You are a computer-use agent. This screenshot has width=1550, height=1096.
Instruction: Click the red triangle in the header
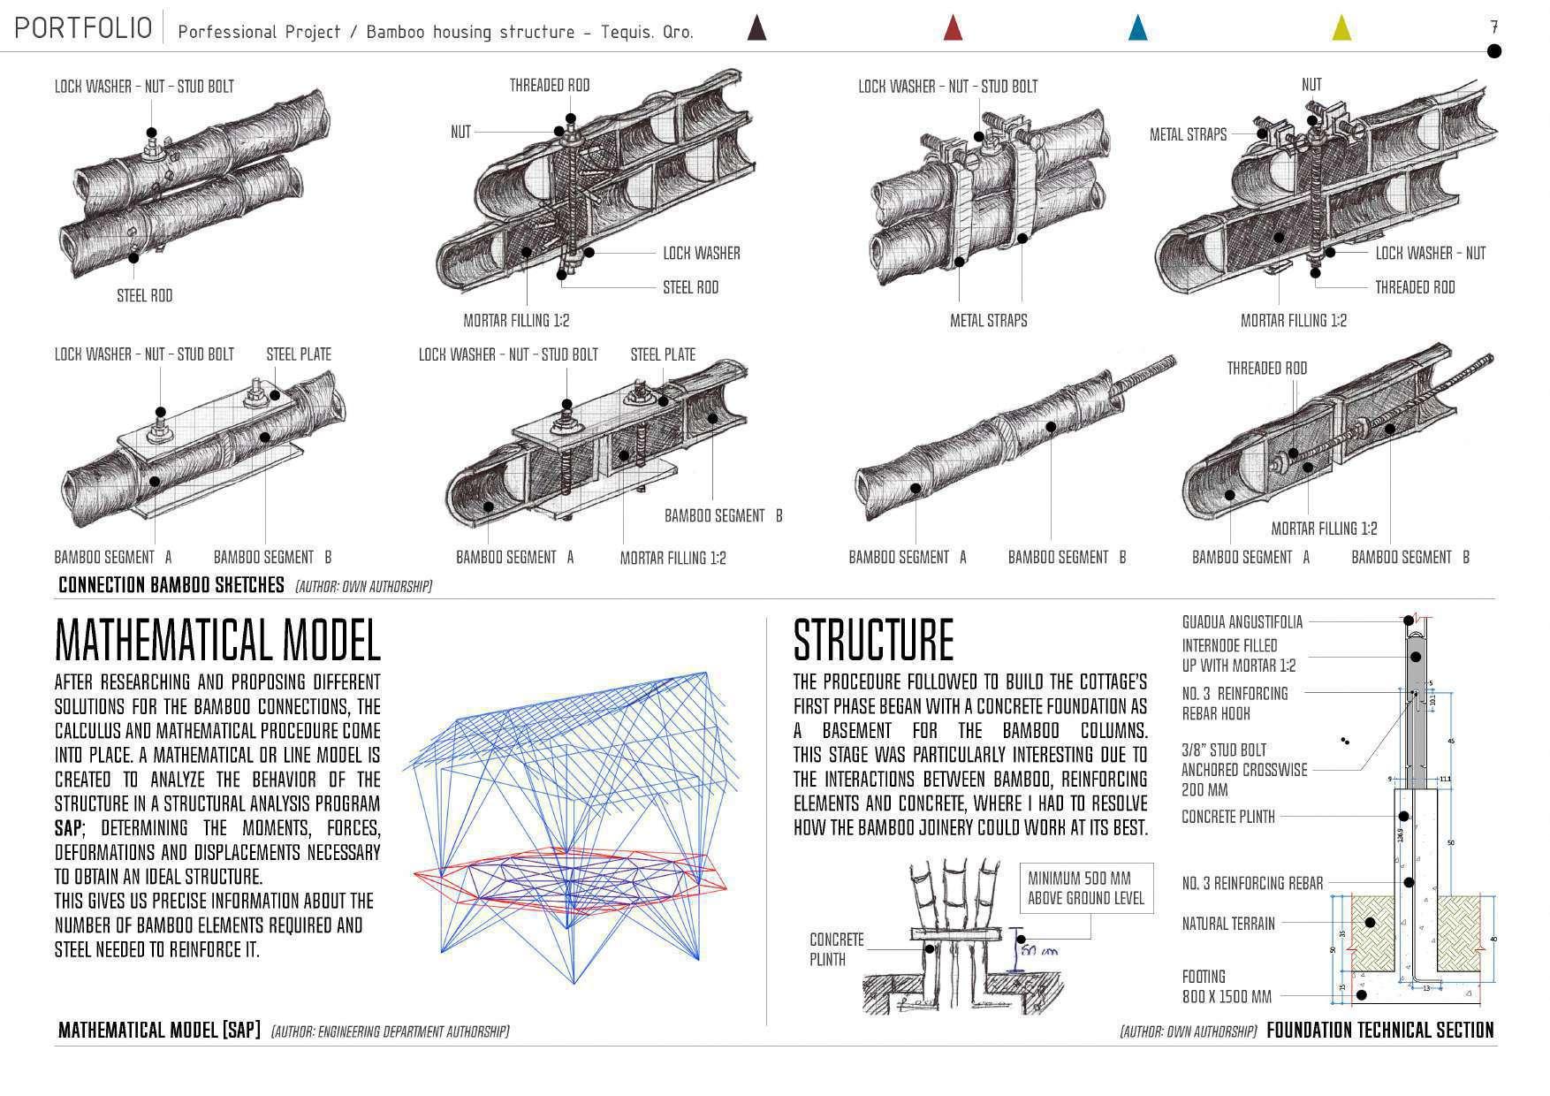click(953, 28)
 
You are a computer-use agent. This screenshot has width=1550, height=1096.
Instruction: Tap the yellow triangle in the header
click(1341, 28)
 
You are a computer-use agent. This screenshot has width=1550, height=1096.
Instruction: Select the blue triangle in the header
click(1138, 28)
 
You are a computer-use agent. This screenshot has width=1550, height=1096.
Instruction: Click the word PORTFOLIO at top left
click(83, 28)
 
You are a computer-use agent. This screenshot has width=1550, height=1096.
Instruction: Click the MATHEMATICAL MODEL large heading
click(217, 640)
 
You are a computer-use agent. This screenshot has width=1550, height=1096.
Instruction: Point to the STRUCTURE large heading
click(873, 640)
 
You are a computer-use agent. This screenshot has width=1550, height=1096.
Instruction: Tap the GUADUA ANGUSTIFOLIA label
click(1242, 622)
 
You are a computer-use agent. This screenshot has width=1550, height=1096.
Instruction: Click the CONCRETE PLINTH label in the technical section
click(1228, 817)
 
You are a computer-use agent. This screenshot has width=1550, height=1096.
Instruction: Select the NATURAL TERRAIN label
click(1228, 924)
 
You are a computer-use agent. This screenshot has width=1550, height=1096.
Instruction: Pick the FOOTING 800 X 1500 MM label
click(1227, 986)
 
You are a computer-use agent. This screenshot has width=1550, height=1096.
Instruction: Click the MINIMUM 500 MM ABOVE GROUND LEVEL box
click(1086, 888)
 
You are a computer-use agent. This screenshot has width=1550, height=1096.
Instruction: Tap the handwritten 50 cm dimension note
click(1039, 952)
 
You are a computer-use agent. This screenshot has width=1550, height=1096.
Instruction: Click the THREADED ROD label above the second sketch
click(549, 86)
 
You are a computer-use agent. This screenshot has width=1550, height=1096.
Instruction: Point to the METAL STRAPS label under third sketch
click(988, 321)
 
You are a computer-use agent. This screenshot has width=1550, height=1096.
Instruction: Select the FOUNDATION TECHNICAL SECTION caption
click(1379, 1030)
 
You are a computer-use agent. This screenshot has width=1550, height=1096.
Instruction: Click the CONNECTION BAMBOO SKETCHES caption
click(171, 585)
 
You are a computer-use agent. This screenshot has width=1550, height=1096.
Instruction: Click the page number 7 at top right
click(1493, 27)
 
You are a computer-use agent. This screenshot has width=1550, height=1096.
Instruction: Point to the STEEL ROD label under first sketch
click(145, 296)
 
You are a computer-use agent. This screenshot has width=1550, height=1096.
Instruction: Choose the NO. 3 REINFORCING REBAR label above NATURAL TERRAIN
click(1252, 883)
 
